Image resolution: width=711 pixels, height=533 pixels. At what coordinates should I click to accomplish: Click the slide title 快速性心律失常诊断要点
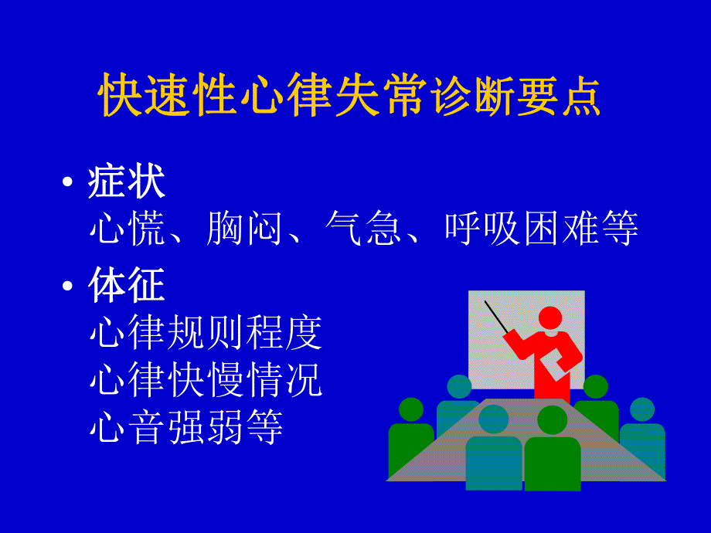(x=349, y=97)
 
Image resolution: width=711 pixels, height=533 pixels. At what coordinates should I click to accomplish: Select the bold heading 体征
(x=127, y=286)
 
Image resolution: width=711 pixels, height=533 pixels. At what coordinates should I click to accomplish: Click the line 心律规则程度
(x=206, y=333)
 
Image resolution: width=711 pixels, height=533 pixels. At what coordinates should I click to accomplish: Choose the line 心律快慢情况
(x=206, y=380)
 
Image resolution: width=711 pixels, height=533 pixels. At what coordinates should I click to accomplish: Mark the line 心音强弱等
(x=186, y=427)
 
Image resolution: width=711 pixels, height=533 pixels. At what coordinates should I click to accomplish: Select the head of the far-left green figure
(x=410, y=409)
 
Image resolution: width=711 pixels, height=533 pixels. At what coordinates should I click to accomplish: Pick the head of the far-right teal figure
(x=641, y=409)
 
